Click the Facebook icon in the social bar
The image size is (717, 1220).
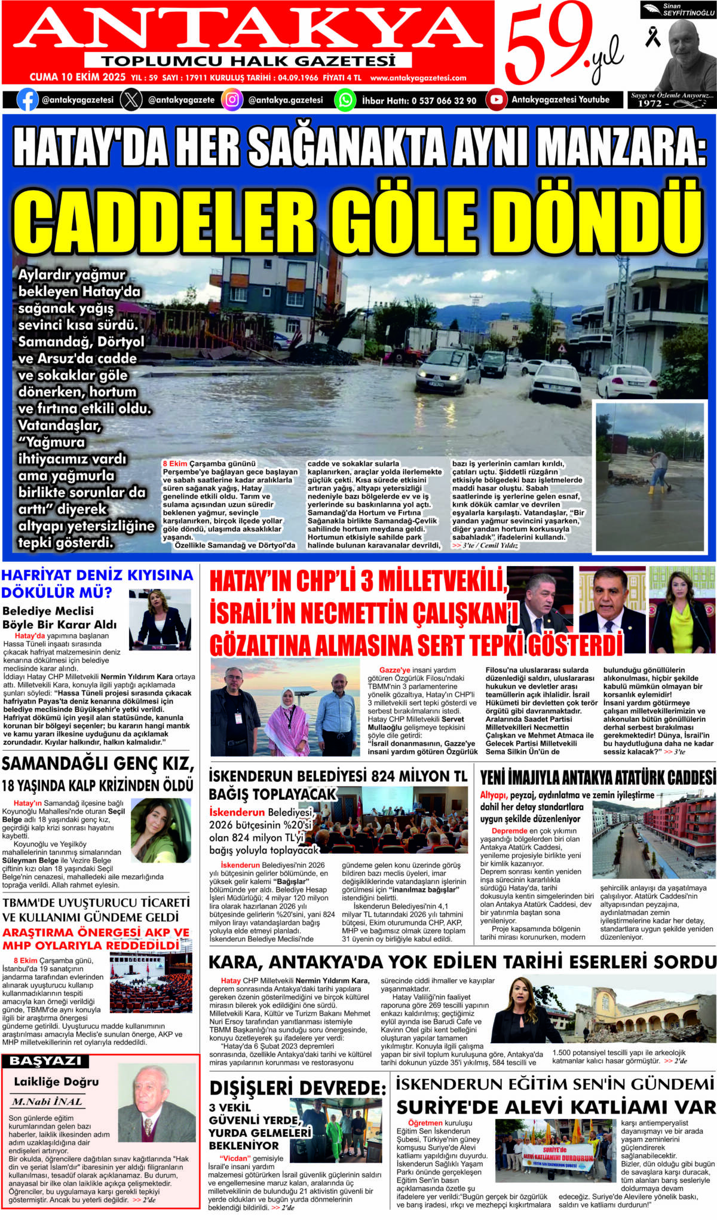(x=27, y=100)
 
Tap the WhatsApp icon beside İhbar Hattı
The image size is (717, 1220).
(x=345, y=100)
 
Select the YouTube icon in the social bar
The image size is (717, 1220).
(x=496, y=100)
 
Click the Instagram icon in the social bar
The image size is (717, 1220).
(x=232, y=100)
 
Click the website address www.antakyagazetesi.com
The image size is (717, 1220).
(x=418, y=78)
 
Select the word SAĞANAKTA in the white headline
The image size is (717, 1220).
(x=346, y=147)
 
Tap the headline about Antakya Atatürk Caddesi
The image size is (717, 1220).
(x=597, y=778)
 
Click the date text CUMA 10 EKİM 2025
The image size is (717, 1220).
(x=78, y=78)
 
